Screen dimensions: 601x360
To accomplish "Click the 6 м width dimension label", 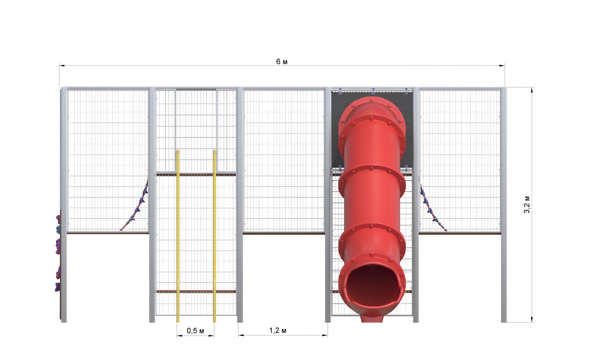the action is tap(282, 62).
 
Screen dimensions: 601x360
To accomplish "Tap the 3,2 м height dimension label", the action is tap(527, 205).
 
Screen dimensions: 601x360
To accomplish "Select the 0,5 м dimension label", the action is tap(195, 331).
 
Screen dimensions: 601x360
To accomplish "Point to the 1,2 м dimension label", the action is tap(278, 330).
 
